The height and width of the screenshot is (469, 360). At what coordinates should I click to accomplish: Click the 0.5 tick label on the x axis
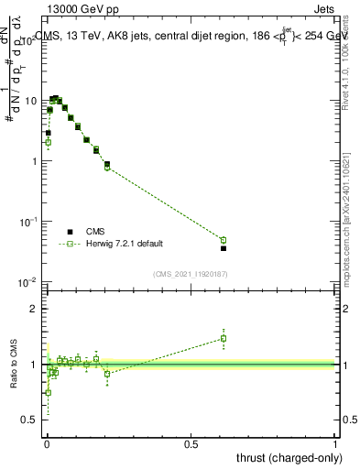(x=191, y=442)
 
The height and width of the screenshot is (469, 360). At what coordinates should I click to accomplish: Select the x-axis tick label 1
(x=336, y=442)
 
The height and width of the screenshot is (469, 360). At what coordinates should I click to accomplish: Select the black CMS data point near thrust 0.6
(x=224, y=248)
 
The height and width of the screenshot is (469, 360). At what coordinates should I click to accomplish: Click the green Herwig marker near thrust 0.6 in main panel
(x=224, y=240)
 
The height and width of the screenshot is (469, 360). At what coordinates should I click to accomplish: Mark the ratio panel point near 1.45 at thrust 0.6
(x=224, y=338)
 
